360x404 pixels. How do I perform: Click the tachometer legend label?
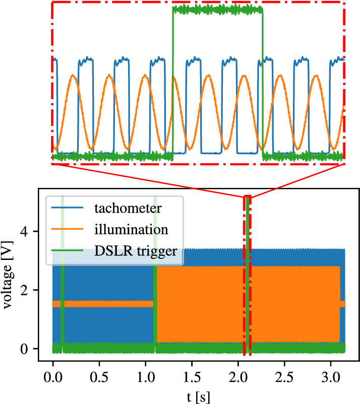click(x=128, y=208)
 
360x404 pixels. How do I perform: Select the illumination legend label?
click(x=131, y=229)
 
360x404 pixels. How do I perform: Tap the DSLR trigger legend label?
click(x=136, y=251)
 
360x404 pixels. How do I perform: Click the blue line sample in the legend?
click(x=67, y=208)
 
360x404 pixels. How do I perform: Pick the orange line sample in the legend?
click(x=67, y=229)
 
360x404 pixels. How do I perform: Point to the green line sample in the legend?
click(x=67, y=250)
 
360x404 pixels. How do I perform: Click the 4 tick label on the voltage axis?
click(x=24, y=232)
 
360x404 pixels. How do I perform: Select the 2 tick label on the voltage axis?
click(x=24, y=290)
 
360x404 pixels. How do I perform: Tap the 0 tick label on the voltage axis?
click(x=24, y=349)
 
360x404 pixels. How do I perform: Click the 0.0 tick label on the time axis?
click(x=53, y=377)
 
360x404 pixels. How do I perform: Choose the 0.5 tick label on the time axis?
click(x=99, y=377)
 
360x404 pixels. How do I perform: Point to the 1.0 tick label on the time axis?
click(x=145, y=377)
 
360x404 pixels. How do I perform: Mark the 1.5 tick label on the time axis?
click(x=192, y=377)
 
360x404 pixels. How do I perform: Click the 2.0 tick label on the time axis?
click(x=238, y=377)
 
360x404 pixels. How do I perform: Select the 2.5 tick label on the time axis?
click(x=284, y=377)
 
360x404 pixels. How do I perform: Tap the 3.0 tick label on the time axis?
click(x=331, y=377)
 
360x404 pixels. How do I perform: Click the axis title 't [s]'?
click(x=198, y=397)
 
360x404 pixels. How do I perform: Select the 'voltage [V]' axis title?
click(x=7, y=275)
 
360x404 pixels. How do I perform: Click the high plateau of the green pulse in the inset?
click(x=218, y=10)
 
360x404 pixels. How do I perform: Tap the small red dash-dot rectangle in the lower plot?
click(x=244, y=276)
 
